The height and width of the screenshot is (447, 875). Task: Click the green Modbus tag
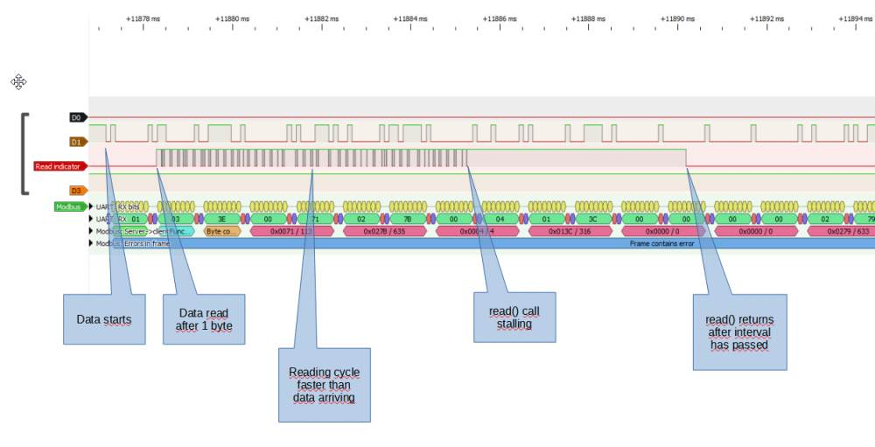tap(69, 206)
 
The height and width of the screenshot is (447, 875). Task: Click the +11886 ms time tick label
tap(500, 17)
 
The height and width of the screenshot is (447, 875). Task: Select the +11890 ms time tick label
tap(679, 17)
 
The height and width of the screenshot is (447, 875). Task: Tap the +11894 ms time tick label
tap(855, 17)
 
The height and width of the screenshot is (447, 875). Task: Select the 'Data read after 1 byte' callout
tap(204, 319)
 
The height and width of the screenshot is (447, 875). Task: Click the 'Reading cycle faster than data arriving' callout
tap(324, 385)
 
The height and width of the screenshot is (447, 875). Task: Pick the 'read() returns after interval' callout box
tap(739, 332)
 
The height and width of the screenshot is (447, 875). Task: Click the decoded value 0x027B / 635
tap(385, 232)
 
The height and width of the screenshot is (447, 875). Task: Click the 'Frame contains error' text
tap(661, 243)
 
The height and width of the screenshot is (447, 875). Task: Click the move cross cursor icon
tap(18, 82)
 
